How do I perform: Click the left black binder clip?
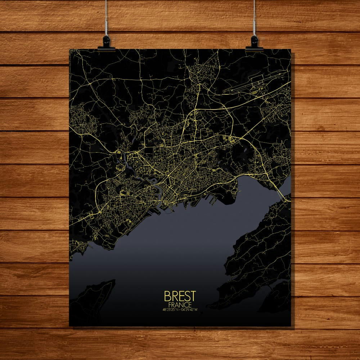click(x=106, y=42)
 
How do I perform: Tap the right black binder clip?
click(x=254, y=42)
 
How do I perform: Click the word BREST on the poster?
click(x=180, y=296)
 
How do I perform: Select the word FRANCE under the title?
click(x=180, y=305)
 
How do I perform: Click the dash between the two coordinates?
click(x=181, y=310)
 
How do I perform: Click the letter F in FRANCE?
click(x=170, y=305)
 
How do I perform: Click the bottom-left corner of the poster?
click(x=69, y=326)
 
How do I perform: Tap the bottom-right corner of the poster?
click(x=291, y=326)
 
